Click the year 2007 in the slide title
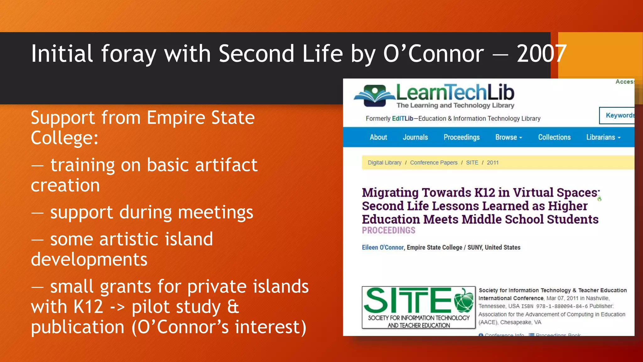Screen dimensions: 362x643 (541, 54)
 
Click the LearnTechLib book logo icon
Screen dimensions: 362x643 (374, 95)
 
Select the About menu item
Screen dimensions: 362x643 (378, 137)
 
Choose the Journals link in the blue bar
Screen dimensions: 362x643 (415, 137)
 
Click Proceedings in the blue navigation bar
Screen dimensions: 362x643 (461, 137)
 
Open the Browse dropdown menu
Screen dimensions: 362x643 (508, 137)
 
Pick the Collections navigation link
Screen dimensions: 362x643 (554, 137)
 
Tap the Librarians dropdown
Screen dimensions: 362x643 (603, 137)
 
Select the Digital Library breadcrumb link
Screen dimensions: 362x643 (384, 162)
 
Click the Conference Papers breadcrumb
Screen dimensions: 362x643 (434, 162)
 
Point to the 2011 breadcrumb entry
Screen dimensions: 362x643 (492, 162)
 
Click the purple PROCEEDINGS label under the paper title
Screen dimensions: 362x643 (388, 230)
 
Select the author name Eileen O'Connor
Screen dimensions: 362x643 (382, 247)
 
